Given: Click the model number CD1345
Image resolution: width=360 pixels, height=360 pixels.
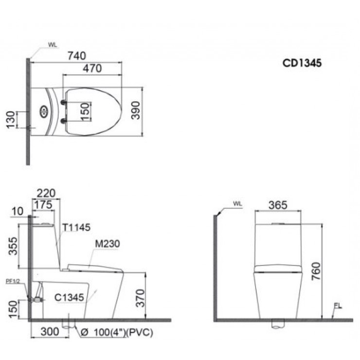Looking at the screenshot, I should point(302,63).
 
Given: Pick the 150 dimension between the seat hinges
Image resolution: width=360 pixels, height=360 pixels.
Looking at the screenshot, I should point(85,111).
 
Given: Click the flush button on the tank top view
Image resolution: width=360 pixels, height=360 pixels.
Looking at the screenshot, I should point(43,111).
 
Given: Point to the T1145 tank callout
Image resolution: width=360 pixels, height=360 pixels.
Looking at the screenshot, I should point(76,227).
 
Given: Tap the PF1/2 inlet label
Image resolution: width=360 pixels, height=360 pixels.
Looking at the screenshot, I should point(12,281).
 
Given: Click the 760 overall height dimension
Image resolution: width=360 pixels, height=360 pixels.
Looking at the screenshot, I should point(329,270).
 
